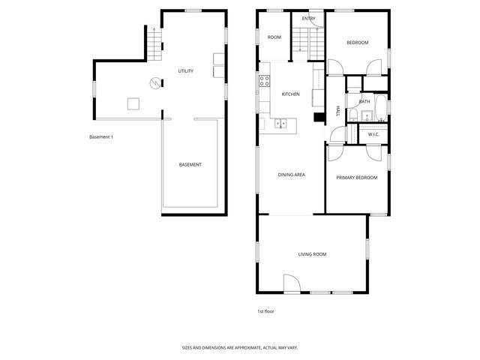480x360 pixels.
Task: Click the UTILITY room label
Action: click(185, 71)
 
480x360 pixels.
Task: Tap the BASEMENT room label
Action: click(190, 164)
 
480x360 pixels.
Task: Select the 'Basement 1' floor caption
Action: click(100, 136)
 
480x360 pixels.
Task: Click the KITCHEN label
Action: click(290, 94)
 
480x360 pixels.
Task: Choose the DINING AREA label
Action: click(291, 175)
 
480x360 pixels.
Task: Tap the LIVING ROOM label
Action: click(312, 254)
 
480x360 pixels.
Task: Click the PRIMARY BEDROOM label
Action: click(356, 178)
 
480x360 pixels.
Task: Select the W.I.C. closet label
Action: click(373, 134)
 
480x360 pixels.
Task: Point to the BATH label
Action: click(364, 101)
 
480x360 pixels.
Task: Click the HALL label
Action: click(338, 111)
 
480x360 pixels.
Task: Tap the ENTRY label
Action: click(308, 19)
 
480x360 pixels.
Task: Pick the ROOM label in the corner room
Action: click(274, 37)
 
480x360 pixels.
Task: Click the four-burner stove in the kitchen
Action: click(265, 81)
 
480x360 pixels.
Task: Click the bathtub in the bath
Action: click(380, 108)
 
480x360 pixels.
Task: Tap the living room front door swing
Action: click(292, 283)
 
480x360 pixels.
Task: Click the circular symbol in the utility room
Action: click(155, 82)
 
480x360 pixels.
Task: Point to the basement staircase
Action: click(156, 44)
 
